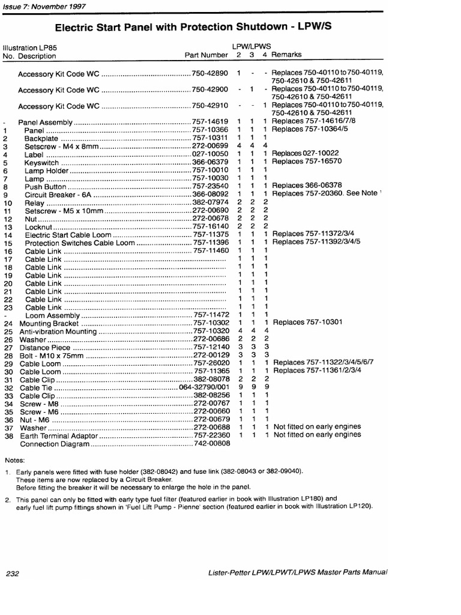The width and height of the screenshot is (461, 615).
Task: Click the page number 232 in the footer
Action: pos(13,574)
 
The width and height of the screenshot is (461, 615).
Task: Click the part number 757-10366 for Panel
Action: pos(210,130)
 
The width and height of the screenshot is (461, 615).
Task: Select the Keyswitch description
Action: pos(43,162)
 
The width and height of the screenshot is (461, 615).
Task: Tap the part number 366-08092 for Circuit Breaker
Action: pos(210,194)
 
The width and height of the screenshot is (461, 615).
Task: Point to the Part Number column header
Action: pos(206,55)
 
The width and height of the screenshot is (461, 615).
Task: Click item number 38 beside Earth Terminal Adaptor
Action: pos(8,435)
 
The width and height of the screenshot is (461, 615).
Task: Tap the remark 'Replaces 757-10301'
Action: pos(307,323)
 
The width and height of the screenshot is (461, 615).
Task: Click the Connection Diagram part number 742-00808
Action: pos(210,444)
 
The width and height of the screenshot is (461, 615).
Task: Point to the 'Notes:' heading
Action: pos(15,460)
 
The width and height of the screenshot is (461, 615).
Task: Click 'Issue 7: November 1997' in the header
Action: pos(40,4)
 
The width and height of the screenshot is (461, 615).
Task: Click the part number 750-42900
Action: pos(210,89)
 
